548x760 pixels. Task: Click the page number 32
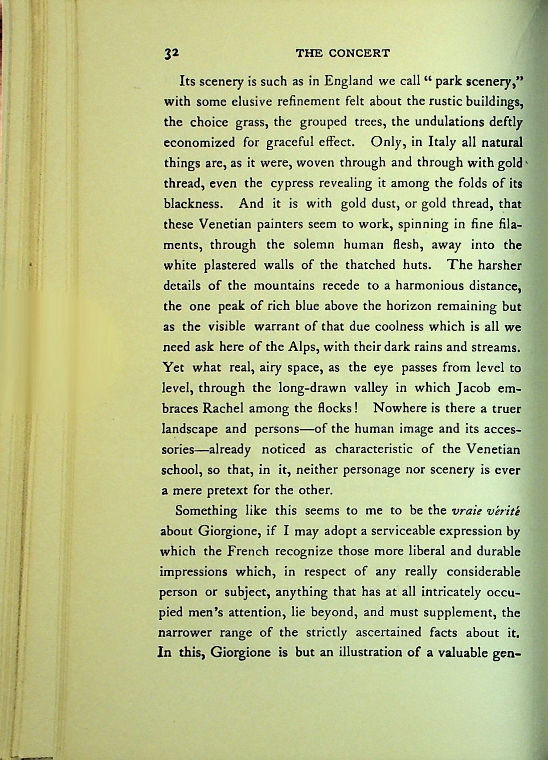pyautogui.click(x=171, y=53)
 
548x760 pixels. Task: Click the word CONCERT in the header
pyautogui.click(x=359, y=53)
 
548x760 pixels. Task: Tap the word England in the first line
pyautogui.click(x=348, y=82)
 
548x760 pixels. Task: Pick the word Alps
pyautogui.click(x=303, y=347)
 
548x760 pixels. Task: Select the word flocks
pyautogui.click(x=331, y=408)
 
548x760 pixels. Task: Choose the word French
pyautogui.click(x=248, y=551)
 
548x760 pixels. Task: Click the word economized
pyautogui.click(x=200, y=143)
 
